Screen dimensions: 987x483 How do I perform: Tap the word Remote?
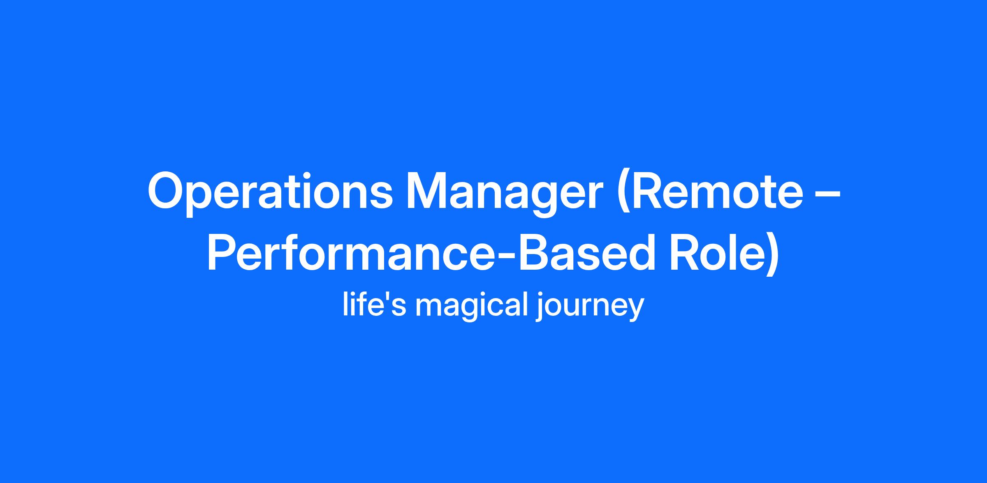719,191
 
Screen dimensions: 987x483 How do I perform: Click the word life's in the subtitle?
374,305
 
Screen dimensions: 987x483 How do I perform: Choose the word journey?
589,307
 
